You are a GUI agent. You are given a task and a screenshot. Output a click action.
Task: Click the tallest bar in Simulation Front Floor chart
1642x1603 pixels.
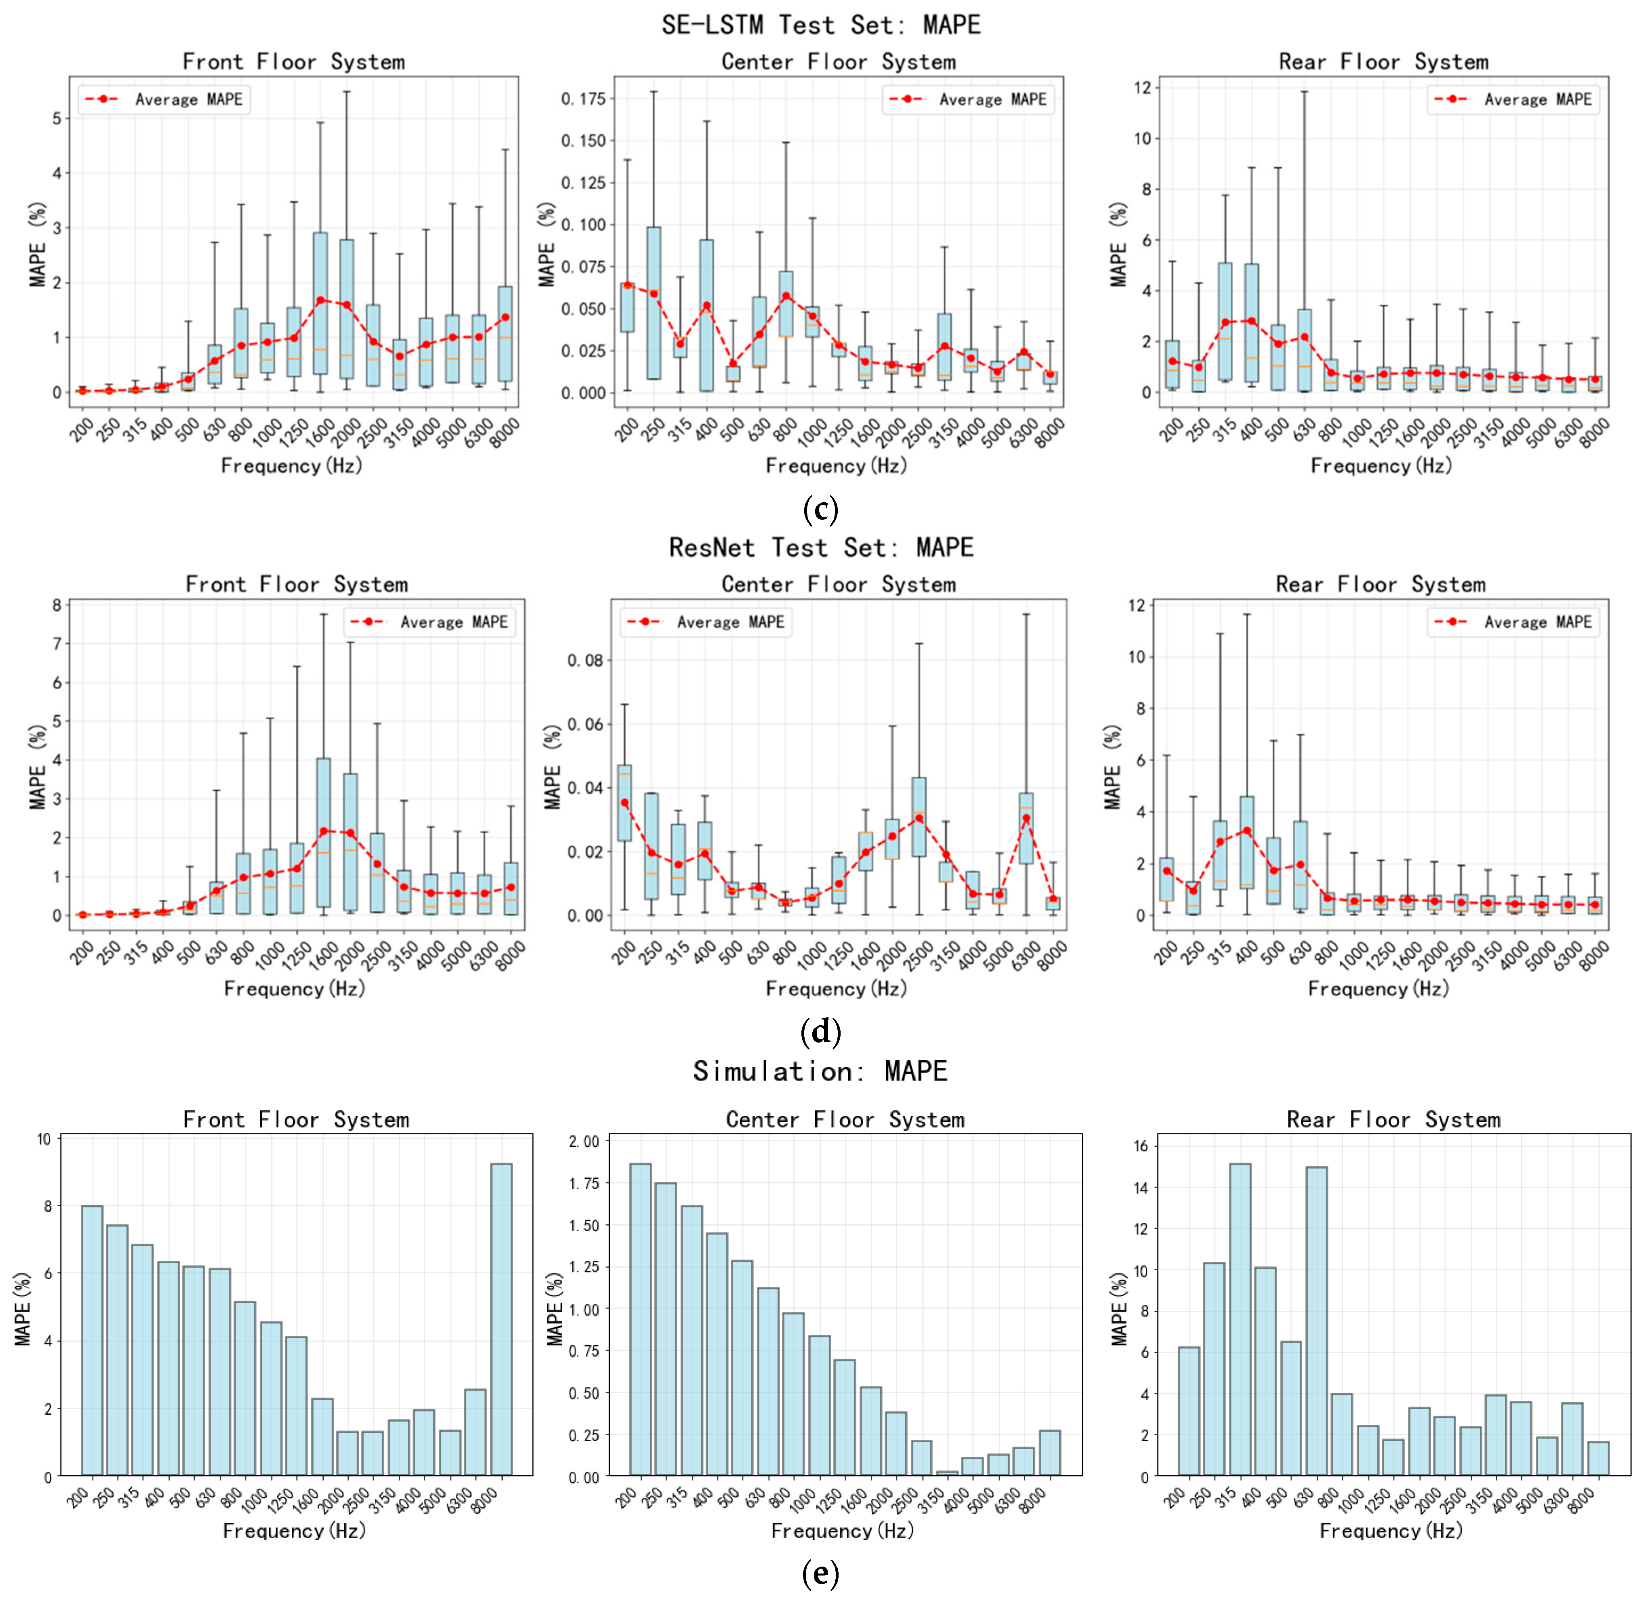click(501, 1322)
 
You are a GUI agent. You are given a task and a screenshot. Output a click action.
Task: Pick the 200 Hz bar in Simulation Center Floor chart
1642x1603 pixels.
click(640, 1322)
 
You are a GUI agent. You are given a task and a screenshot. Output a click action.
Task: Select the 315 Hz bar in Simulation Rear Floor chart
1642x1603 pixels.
click(1239, 1322)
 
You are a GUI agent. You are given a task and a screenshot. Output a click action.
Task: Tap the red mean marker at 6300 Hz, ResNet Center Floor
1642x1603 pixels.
click(1026, 818)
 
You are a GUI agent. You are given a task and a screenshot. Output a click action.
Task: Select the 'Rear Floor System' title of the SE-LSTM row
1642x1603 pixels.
click(1383, 61)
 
